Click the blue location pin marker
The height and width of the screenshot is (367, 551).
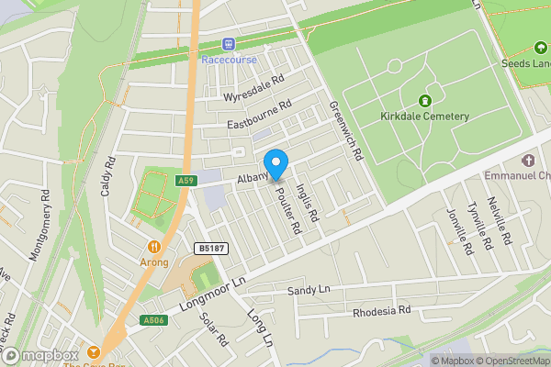[275, 163]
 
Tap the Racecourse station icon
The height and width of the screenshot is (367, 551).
[229, 44]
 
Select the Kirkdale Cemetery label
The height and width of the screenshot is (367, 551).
[424, 117]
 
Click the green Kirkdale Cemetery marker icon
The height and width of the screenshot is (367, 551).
[424, 100]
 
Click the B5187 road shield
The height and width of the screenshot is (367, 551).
[211, 249]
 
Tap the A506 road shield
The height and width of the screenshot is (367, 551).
[152, 320]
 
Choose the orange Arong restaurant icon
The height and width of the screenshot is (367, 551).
[154, 246]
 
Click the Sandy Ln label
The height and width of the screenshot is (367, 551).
[308, 291]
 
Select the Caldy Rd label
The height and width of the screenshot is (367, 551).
[111, 174]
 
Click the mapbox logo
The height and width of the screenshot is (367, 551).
[41, 355]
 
